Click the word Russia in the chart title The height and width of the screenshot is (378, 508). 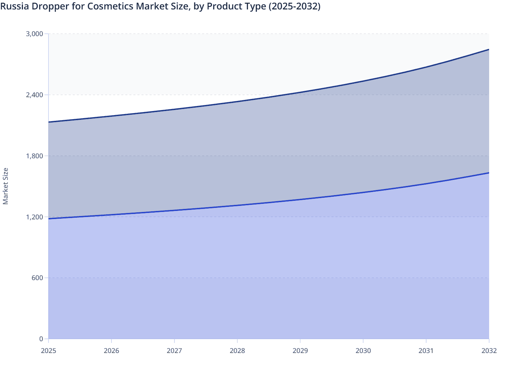(14, 6)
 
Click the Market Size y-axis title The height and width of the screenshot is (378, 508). (5, 186)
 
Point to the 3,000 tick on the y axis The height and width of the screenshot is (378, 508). (34, 34)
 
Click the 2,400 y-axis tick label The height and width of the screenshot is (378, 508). (34, 95)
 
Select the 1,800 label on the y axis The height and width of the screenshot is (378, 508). (34, 156)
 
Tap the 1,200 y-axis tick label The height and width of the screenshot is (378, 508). (34, 217)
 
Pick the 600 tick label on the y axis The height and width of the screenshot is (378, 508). (37, 278)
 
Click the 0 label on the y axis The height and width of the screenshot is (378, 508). (41, 339)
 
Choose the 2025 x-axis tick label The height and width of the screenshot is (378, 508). (49, 351)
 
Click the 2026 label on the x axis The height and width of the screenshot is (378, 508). (112, 351)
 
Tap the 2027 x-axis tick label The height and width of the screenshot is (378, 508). (174, 351)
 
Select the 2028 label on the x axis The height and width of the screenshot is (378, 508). (237, 351)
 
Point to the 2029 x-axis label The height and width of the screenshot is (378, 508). (300, 351)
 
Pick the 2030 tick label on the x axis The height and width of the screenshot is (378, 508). (363, 351)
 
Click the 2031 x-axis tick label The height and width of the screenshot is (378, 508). (426, 351)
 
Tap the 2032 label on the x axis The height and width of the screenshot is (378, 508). (489, 351)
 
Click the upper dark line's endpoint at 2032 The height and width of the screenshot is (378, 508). (489, 50)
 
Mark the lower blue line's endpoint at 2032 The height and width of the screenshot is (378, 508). (489, 173)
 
